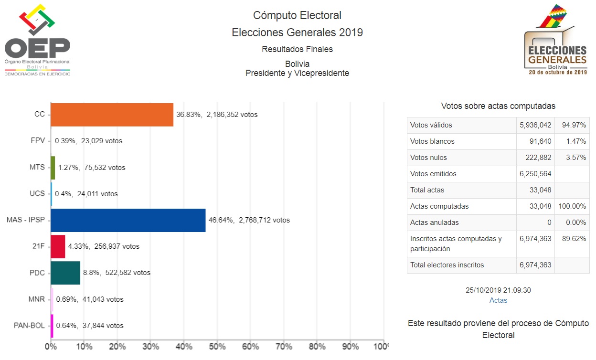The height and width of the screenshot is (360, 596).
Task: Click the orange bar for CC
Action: [x=112, y=115]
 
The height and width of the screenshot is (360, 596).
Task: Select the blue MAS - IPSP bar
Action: [x=128, y=220]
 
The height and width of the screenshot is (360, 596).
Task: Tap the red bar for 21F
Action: [x=58, y=246]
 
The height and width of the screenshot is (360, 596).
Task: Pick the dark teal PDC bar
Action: [x=65, y=273]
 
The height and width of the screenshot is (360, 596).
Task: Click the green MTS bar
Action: [x=53, y=168]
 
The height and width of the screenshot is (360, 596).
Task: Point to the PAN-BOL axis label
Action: [x=29, y=326]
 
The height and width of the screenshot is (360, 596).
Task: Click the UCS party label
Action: [x=37, y=194]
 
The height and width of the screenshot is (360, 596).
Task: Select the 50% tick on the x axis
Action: [x=217, y=346]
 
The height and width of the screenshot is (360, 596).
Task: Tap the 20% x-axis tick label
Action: [x=117, y=346]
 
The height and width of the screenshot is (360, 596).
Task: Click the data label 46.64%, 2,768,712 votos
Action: [x=249, y=220]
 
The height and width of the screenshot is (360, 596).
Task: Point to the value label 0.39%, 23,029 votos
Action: [x=88, y=141]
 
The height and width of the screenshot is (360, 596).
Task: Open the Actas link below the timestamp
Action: [x=498, y=300]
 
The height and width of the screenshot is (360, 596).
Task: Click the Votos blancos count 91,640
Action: [x=537, y=141]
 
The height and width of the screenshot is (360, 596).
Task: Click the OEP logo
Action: [x=37, y=40]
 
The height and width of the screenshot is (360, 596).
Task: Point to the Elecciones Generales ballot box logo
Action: [x=556, y=41]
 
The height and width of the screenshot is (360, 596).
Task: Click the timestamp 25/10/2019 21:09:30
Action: [x=498, y=290]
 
